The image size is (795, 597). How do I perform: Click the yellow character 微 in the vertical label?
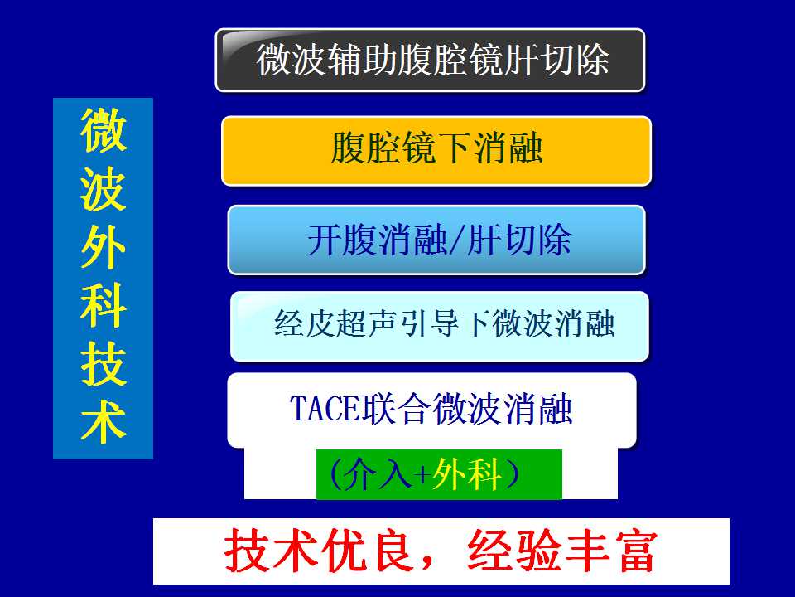(x=104, y=130)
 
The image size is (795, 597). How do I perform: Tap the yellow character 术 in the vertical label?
(x=104, y=422)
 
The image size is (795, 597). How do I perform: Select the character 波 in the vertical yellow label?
(x=104, y=189)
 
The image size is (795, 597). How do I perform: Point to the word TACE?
(x=324, y=409)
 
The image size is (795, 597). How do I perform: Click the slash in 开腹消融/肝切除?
(x=456, y=240)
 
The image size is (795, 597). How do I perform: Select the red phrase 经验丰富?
(x=562, y=551)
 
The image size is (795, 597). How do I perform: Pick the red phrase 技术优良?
(x=318, y=551)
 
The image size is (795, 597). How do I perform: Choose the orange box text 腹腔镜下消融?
(x=436, y=148)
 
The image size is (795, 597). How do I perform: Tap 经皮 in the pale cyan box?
(x=304, y=324)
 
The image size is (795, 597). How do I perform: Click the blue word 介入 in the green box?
(x=378, y=474)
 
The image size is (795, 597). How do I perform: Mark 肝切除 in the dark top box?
(x=556, y=60)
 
